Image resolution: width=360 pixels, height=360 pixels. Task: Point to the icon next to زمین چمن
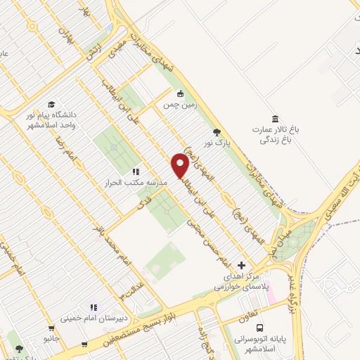tap(180, 93)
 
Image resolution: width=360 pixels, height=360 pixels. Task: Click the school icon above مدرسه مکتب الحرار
tap(136, 172)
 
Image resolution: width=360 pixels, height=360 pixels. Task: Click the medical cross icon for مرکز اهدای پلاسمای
tap(242, 265)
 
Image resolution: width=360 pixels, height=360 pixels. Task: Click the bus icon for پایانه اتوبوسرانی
tap(260, 328)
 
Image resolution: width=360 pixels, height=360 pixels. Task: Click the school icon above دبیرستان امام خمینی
tap(94, 307)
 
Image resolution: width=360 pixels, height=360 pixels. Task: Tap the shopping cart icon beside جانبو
tap(51, 327)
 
